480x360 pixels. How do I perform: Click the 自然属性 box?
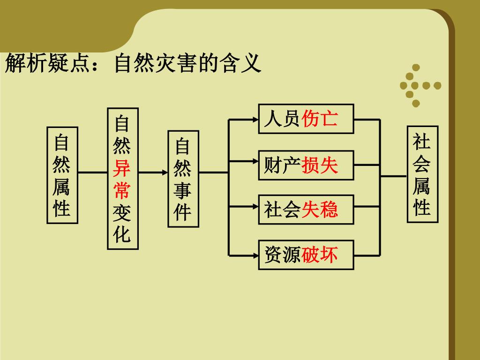click(62, 175)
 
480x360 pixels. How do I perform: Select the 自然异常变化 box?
click(123, 179)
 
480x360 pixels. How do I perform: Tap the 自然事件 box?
click(183, 179)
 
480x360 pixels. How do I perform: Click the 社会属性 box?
click(422, 174)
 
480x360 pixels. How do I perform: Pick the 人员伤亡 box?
click(306, 119)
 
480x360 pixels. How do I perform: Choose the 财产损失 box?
click(306, 165)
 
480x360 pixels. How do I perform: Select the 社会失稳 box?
click(306, 209)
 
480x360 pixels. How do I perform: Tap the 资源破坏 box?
click(306, 255)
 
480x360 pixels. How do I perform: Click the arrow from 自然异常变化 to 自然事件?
click(153, 172)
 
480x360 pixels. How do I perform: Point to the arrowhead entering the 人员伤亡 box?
click(255, 120)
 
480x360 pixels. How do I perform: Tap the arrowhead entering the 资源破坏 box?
click(255, 255)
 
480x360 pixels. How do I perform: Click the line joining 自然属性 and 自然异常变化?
click(93, 172)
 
